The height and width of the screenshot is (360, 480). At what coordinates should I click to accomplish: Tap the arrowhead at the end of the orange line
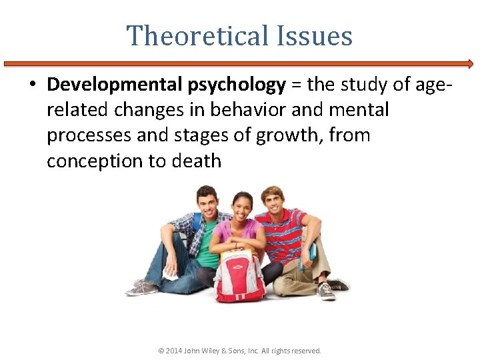470,64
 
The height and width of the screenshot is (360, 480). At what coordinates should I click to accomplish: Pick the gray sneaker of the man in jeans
141,289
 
